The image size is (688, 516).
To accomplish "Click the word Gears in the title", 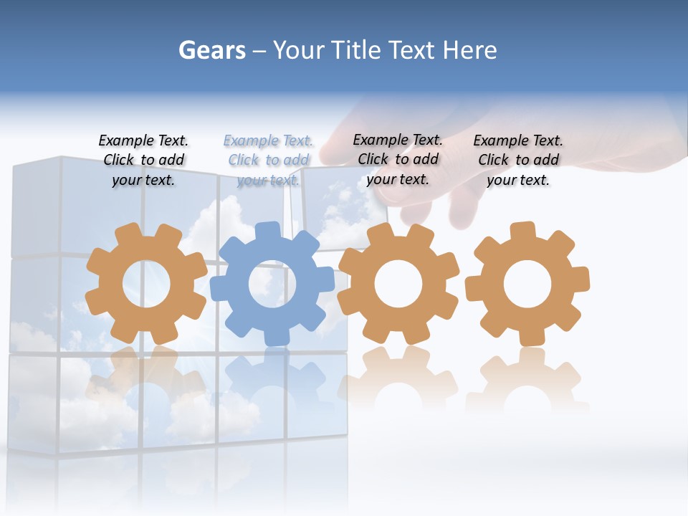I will [211, 51].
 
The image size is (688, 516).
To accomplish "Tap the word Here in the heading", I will [469, 51].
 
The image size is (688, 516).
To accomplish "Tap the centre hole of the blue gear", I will [272, 284].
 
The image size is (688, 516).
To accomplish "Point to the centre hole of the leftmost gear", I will [146, 284].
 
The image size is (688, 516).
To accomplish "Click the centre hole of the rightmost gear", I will [527, 284].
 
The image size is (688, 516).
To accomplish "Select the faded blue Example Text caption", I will [268, 161].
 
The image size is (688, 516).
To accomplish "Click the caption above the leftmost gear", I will [143, 161].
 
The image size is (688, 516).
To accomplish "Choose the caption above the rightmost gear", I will [518, 161].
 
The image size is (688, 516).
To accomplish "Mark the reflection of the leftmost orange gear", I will [146, 380].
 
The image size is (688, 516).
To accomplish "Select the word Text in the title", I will [412, 51].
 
